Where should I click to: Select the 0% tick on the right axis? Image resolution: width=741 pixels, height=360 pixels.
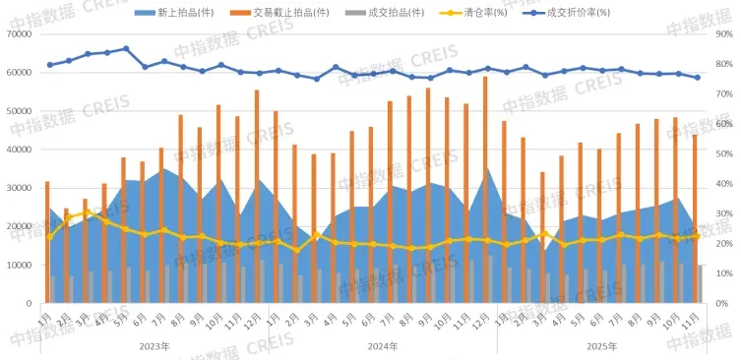pos(722,304)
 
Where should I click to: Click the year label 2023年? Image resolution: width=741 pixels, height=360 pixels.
pos(154,346)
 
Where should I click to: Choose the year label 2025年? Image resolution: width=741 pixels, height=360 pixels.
pos(601,346)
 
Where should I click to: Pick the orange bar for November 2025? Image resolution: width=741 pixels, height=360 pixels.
pos(695,218)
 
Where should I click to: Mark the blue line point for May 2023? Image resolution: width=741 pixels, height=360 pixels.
pos(125,48)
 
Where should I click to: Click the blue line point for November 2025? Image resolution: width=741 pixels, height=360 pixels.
pos(697,78)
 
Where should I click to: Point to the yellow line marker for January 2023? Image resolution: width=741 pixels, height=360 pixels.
pos(50,236)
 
